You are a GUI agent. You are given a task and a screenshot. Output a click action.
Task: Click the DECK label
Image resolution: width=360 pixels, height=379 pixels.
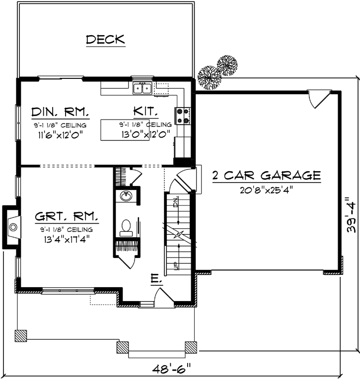point(105,40)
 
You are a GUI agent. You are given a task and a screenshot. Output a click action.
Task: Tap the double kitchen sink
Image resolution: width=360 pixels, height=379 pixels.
point(142,88)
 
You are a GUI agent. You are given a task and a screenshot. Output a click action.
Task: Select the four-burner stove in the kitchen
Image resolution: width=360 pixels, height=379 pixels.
point(182,115)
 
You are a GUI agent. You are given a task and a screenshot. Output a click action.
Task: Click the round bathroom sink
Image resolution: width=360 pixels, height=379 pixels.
point(126,196)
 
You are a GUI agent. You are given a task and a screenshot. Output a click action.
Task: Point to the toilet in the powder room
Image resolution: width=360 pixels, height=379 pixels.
point(126,227)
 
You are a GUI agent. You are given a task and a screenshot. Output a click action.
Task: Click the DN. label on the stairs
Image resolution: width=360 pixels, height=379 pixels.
point(175,202)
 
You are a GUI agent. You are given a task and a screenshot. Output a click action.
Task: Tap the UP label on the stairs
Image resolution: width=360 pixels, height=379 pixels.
point(176,266)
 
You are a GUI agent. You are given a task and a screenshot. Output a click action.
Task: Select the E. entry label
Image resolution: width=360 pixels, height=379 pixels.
point(155,281)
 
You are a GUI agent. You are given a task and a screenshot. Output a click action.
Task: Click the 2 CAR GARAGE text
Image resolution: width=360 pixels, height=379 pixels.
point(266,175)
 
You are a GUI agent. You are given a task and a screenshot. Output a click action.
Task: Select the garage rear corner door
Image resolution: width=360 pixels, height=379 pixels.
point(317,98)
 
